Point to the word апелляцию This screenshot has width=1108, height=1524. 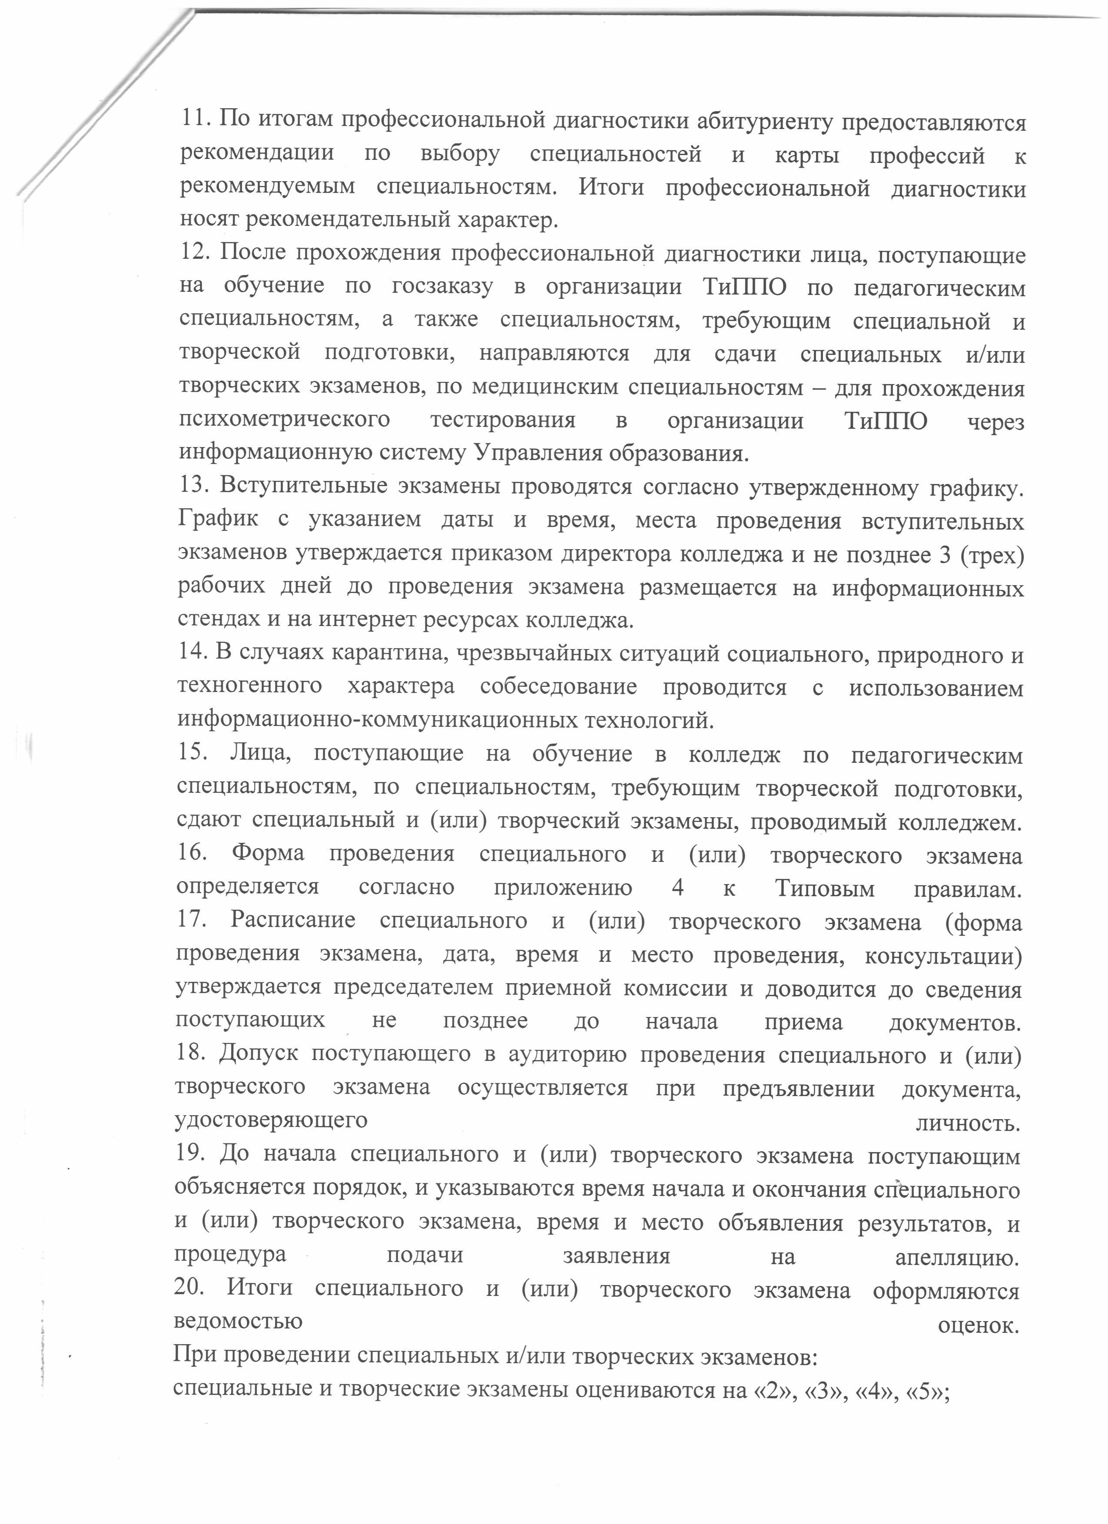[958, 1256]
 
